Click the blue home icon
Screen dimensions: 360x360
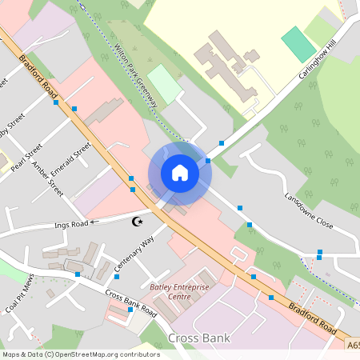pos(180,173)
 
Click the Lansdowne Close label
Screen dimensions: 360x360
pos(308,210)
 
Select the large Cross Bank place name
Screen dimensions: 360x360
pos(199,338)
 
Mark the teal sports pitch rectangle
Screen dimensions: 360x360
pos(298,45)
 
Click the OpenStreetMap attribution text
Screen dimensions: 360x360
pos(80,354)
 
